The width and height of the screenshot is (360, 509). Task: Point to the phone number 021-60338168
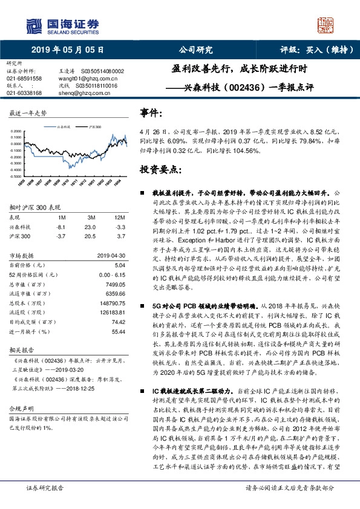[x=24, y=93]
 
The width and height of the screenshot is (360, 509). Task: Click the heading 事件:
[x=151, y=113]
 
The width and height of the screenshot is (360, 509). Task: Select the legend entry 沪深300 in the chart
[x=94, y=128]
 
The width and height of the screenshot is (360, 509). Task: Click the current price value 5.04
[x=120, y=265]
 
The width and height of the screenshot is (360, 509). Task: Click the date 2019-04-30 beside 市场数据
[x=111, y=255]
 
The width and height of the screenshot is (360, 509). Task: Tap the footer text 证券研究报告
[x=44, y=504]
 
